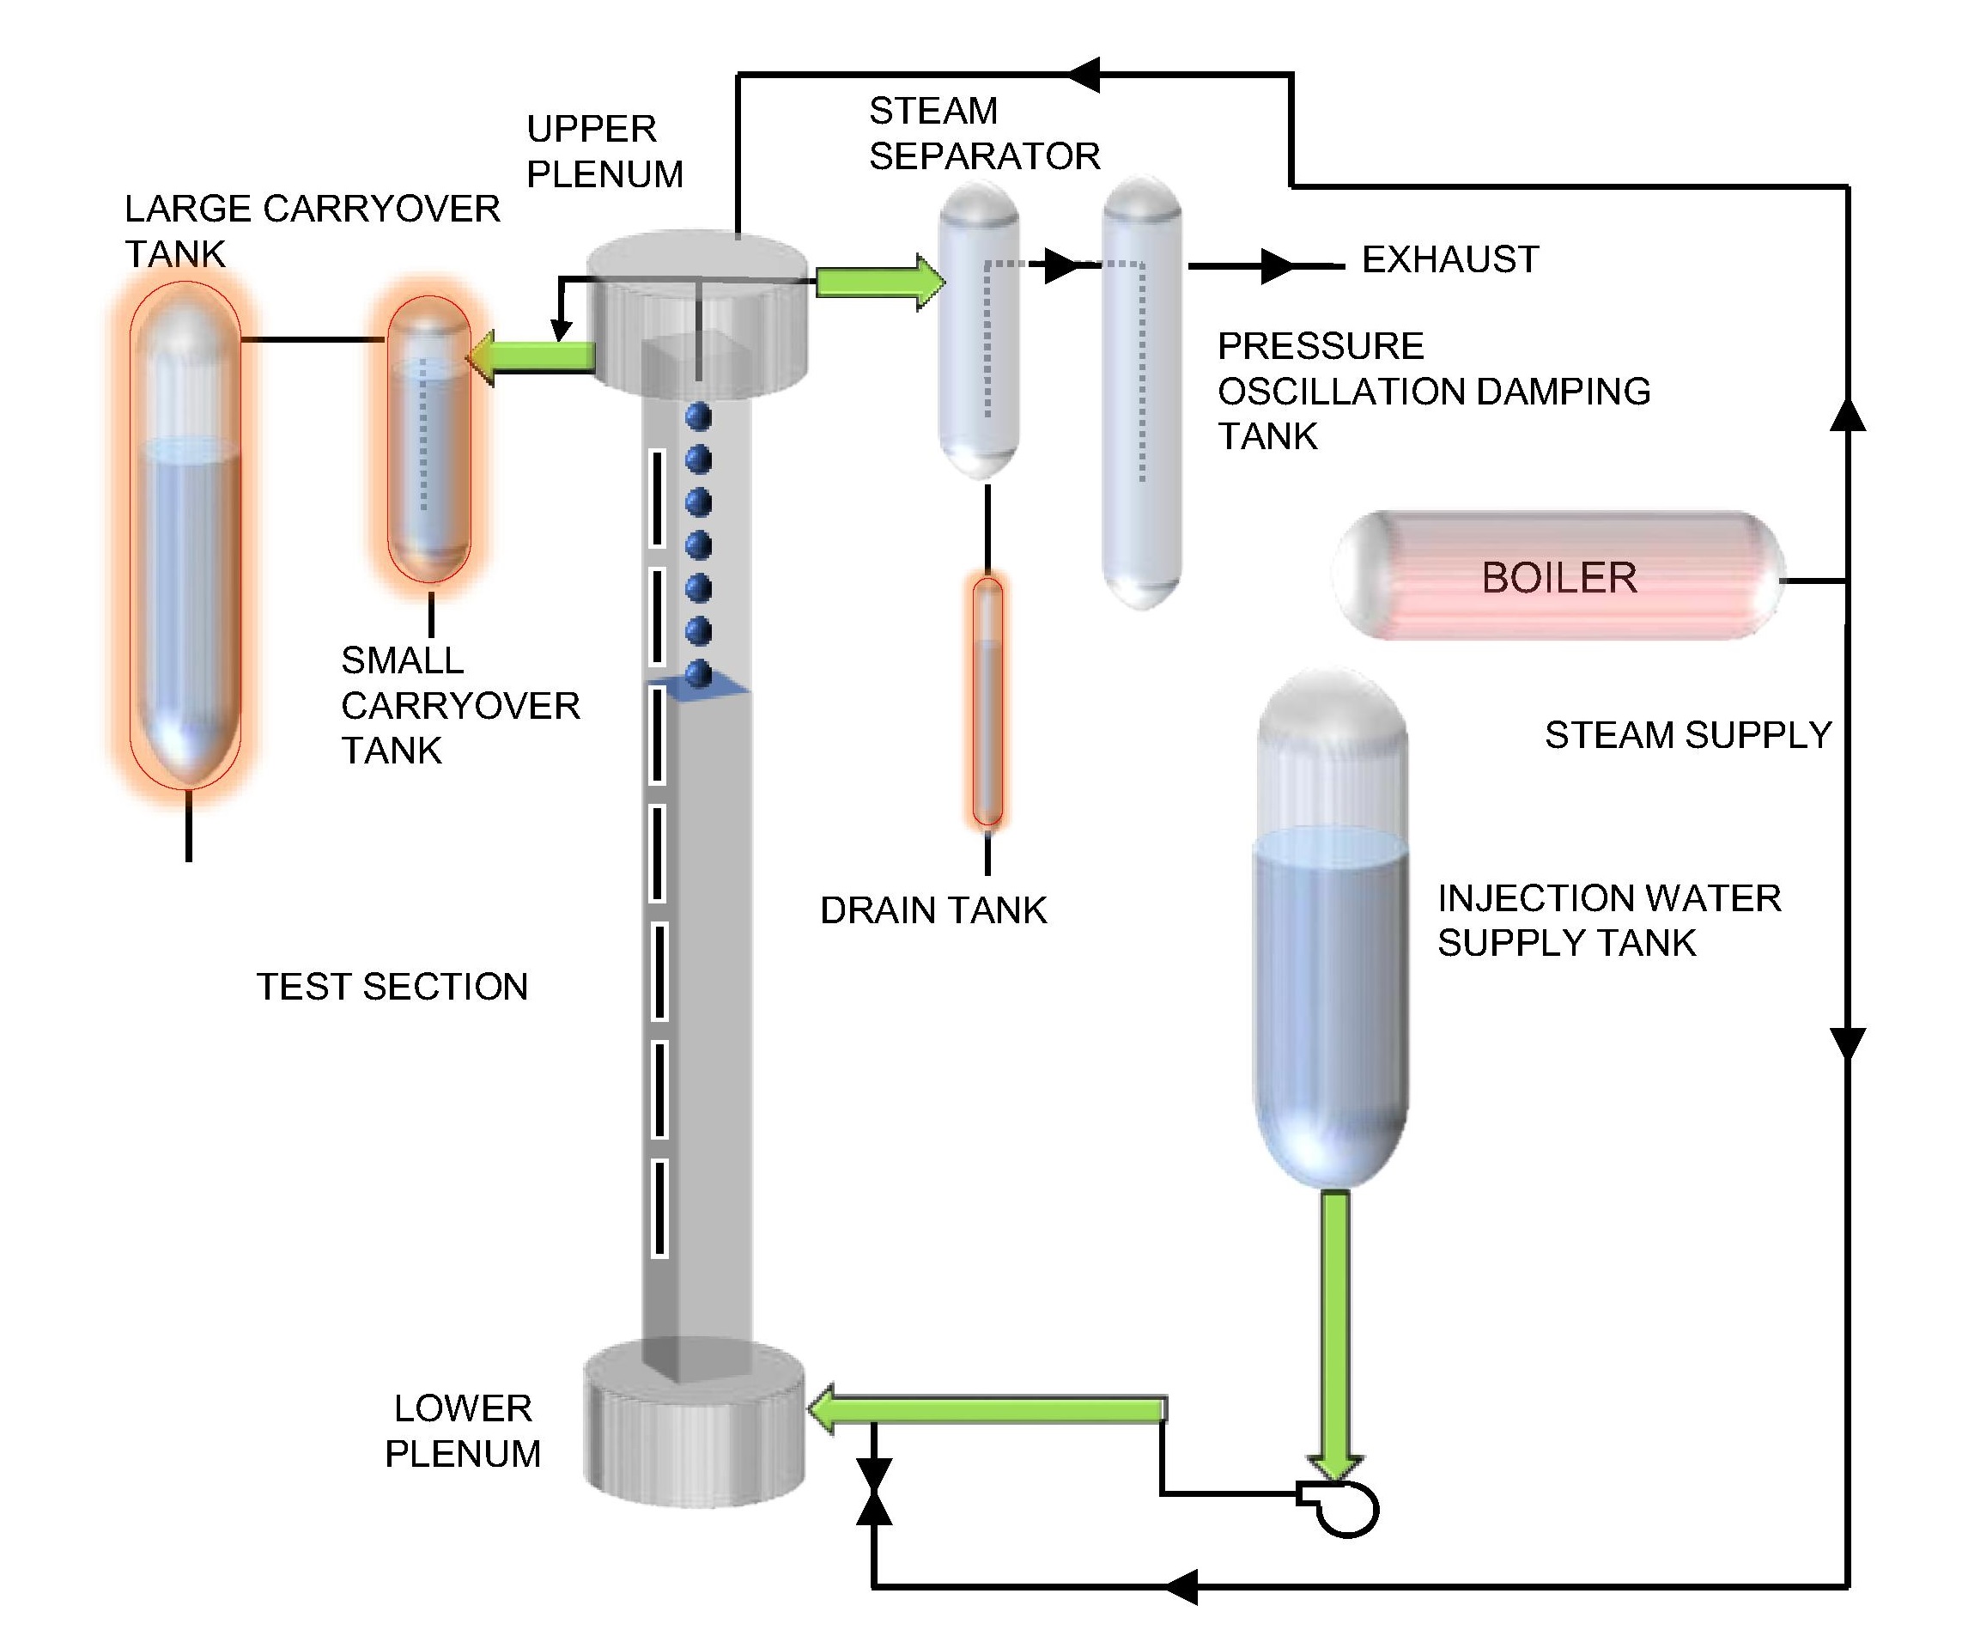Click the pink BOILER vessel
tap(1558, 576)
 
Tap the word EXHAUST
tap(1450, 259)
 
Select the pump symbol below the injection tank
tap(1345, 1508)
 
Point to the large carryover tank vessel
tap(187, 532)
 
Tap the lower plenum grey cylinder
tap(694, 1424)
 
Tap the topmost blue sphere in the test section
tap(698, 417)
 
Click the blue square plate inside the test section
tap(701, 690)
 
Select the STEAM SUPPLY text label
tap(1687, 735)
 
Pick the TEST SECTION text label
tap(392, 987)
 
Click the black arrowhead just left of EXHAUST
tap(1276, 266)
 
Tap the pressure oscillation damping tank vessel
tap(1142, 392)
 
